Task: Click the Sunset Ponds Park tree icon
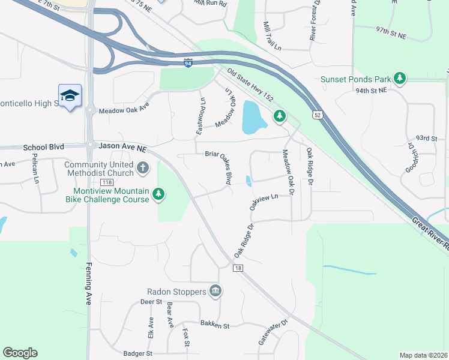(399, 79)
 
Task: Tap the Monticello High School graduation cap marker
(70, 96)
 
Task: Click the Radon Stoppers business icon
(216, 292)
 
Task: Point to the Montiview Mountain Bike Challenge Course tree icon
(158, 194)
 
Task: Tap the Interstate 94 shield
(188, 62)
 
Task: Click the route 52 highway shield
(317, 114)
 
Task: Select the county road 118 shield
(107, 182)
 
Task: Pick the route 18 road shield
(238, 268)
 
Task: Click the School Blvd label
(43, 147)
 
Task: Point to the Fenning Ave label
(88, 284)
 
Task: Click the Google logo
(20, 353)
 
